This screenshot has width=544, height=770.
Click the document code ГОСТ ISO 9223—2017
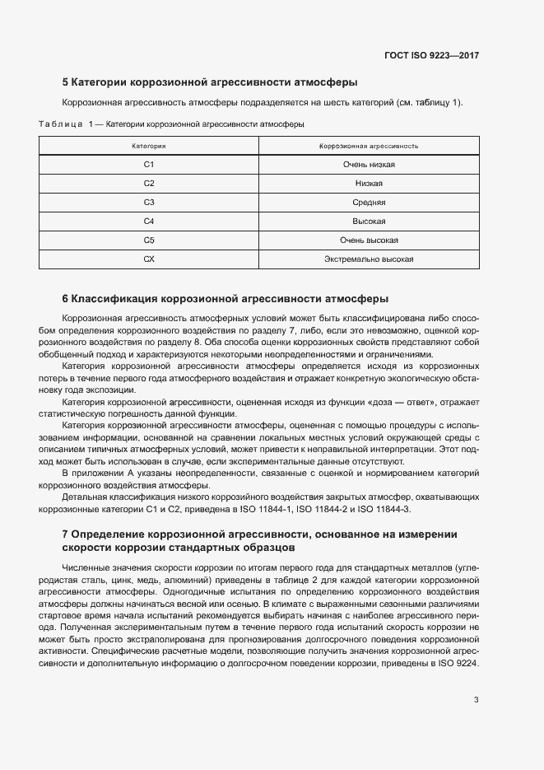(x=431, y=56)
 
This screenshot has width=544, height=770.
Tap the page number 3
(x=476, y=700)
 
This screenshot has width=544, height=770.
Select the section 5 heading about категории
(x=209, y=82)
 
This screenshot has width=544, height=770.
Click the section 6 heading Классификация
(x=226, y=298)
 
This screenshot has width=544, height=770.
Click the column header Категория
(x=149, y=145)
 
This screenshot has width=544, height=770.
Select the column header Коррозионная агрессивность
(x=369, y=145)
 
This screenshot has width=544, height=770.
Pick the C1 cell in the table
(x=149, y=164)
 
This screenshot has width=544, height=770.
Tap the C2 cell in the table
(x=149, y=183)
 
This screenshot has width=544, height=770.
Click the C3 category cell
(x=149, y=202)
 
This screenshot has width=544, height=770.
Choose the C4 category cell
(x=149, y=221)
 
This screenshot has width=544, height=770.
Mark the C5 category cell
(x=149, y=240)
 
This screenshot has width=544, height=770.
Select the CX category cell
(x=149, y=259)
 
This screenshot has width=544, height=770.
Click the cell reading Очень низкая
(x=369, y=164)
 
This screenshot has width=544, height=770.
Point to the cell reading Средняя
(x=369, y=202)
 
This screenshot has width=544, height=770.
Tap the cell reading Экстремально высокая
(x=369, y=259)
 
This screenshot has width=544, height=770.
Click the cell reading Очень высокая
(x=369, y=240)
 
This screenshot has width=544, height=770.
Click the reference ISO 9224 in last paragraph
(x=458, y=664)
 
